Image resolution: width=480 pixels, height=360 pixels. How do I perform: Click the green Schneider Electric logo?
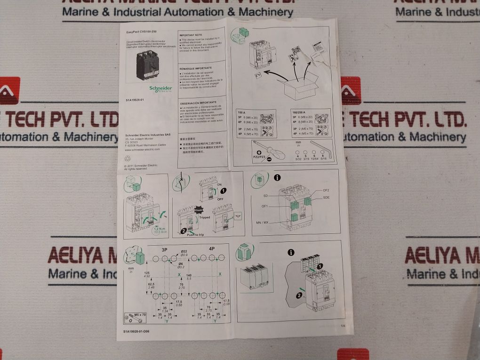tap(160, 88)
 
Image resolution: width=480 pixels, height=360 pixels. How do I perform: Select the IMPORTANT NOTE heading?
tap(193, 35)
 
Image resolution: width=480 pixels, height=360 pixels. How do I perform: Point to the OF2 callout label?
tap(326, 190)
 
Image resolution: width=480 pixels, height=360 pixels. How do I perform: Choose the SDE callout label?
tap(326, 198)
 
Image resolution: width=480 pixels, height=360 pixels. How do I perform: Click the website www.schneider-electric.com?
tap(143, 150)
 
